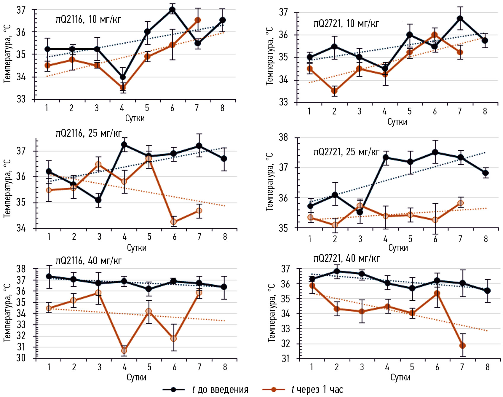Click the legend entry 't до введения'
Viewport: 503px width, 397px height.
220,389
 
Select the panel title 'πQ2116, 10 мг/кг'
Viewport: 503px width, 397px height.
88,20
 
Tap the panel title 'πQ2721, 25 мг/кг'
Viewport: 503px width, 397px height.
346,152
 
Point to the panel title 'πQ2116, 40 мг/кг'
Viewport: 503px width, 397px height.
88,261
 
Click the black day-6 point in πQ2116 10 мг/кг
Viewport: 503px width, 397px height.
172,10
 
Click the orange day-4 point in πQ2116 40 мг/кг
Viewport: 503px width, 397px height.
124,351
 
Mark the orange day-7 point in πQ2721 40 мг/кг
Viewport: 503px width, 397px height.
462,345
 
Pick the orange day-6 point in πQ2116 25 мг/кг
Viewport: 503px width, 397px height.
174,222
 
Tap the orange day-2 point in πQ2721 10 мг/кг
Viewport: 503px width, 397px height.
334,91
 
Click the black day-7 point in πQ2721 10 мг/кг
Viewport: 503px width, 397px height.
460,19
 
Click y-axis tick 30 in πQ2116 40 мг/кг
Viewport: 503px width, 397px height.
21,358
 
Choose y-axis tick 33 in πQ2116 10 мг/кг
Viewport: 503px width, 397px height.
21,99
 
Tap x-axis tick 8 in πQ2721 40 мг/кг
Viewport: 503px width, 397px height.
488,367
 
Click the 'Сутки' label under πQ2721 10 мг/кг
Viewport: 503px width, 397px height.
397,122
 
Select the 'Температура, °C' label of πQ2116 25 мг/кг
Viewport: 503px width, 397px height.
7,189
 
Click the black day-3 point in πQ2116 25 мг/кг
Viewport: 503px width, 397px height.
98,200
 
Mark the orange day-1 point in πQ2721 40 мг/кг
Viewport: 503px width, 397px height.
312,286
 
